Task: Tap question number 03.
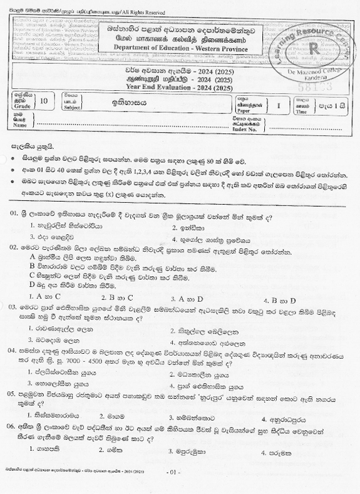click(14, 308)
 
